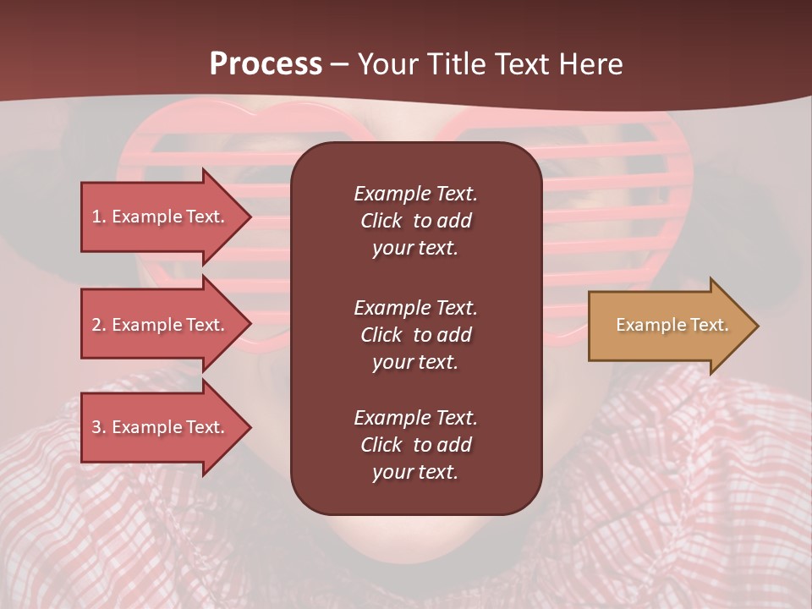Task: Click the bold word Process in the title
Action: pyautogui.click(x=266, y=64)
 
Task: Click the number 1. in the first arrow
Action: pyautogui.click(x=99, y=217)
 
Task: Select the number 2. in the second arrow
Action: pyautogui.click(x=99, y=325)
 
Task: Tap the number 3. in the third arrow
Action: pyautogui.click(x=99, y=427)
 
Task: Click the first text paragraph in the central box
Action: pyautogui.click(x=415, y=221)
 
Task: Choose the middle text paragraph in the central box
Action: pyautogui.click(x=415, y=335)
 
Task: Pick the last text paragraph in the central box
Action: pyautogui.click(x=415, y=445)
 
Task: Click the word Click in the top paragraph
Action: pyautogui.click(x=381, y=221)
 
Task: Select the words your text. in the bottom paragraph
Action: pyautogui.click(x=414, y=473)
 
